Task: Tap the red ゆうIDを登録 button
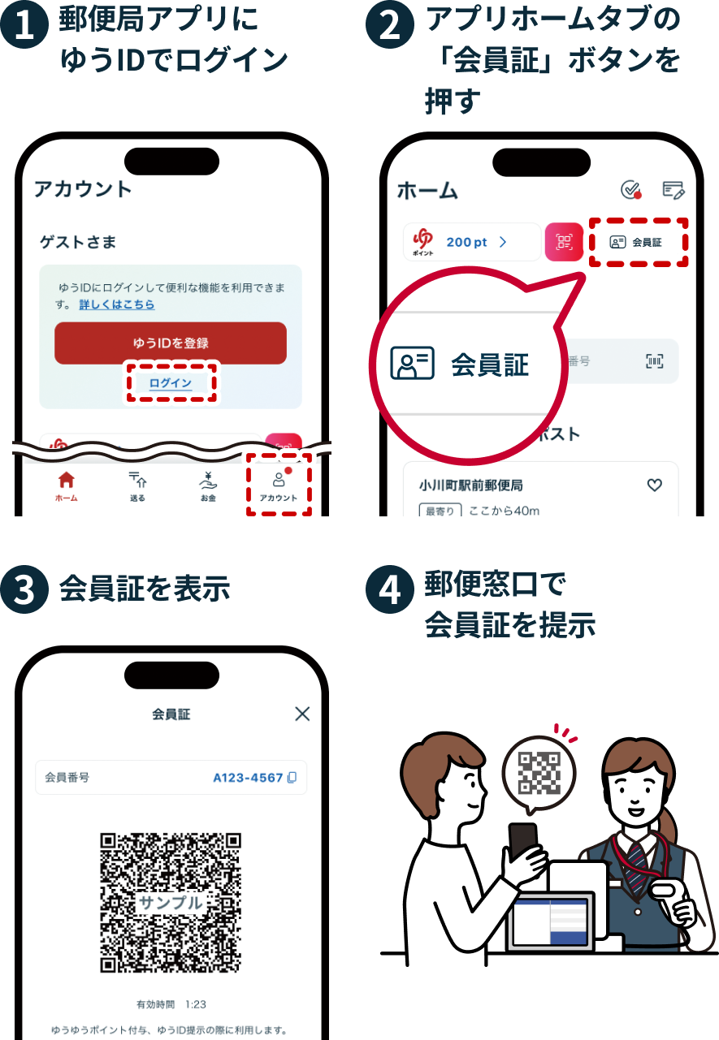pyautogui.click(x=171, y=343)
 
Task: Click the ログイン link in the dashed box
pyautogui.click(x=171, y=383)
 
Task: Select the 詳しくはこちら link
pyautogui.click(x=116, y=304)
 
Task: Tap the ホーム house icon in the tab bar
pyautogui.click(x=67, y=480)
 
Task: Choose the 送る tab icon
pyautogui.click(x=137, y=480)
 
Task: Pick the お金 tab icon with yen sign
pyautogui.click(x=208, y=481)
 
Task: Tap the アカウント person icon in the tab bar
pyautogui.click(x=279, y=480)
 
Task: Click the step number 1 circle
pyautogui.click(x=24, y=24)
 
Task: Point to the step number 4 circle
pyautogui.click(x=390, y=589)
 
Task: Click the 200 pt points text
pyautogui.click(x=467, y=242)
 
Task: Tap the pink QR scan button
pyautogui.click(x=564, y=242)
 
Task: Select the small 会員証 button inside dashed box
pyautogui.click(x=636, y=242)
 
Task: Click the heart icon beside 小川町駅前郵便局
pyautogui.click(x=655, y=485)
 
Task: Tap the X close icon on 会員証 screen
pyautogui.click(x=302, y=714)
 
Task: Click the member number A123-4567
pyautogui.click(x=248, y=778)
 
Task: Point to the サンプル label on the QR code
pyautogui.click(x=171, y=902)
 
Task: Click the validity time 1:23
pyautogui.click(x=196, y=1004)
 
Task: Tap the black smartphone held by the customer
pyautogui.click(x=523, y=840)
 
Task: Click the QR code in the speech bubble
pyautogui.click(x=539, y=773)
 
